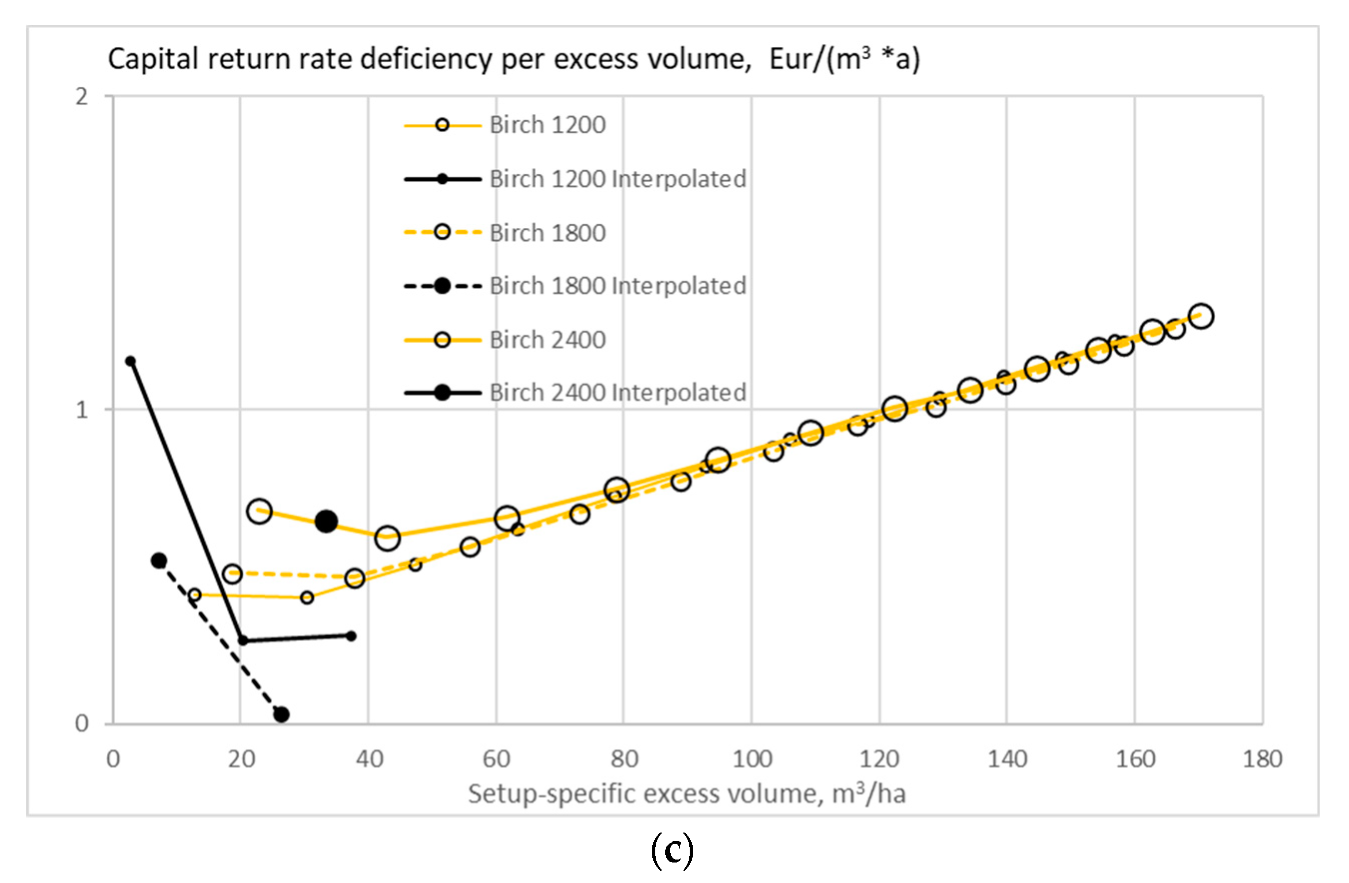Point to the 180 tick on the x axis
tap(1262, 759)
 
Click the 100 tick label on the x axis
tap(752, 759)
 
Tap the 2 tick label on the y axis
tap(82, 97)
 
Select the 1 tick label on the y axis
tap(82, 409)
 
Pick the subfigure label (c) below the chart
tap(672, 851)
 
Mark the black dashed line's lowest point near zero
tap(281, 715)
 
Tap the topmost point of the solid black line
tap(130, 361)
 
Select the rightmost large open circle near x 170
tap(1201, 316)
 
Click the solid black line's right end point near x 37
tap(351, 636)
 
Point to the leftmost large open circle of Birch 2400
tap(259, 511)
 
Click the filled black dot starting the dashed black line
tap(159, 560)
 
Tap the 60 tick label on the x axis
tap(496, 759)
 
